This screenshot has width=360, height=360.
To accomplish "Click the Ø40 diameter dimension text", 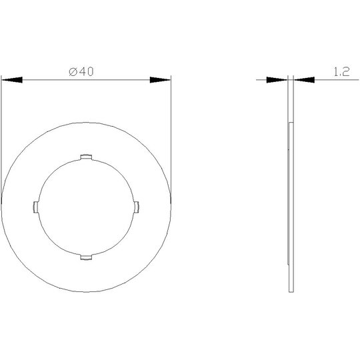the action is pyautogui.click(x=81, y=71).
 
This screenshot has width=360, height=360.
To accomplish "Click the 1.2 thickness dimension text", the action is pyautogui.click(x=341, y=71).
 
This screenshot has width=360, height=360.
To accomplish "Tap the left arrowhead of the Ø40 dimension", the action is pyautogui.click(x=12, y=80).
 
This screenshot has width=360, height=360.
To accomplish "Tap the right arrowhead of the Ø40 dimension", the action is pyautogui.click(x=160, y=80).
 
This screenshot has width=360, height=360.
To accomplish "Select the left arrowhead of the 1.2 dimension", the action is pyautogui.click(x=277, y=80).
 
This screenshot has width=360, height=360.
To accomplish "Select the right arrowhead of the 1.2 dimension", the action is pyautogui.click(x=304, y=80).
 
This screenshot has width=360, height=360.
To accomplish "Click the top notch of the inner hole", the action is pyautogui.click(x=86, y=157).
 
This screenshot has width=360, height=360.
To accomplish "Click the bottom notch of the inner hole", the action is pyautogui.click(x=86, y=257).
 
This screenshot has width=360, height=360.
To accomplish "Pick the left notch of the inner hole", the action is pyautogui.click(x=36, y=207).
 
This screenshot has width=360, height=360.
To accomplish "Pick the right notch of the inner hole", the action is pyautogui.click(x=137, y=207).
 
